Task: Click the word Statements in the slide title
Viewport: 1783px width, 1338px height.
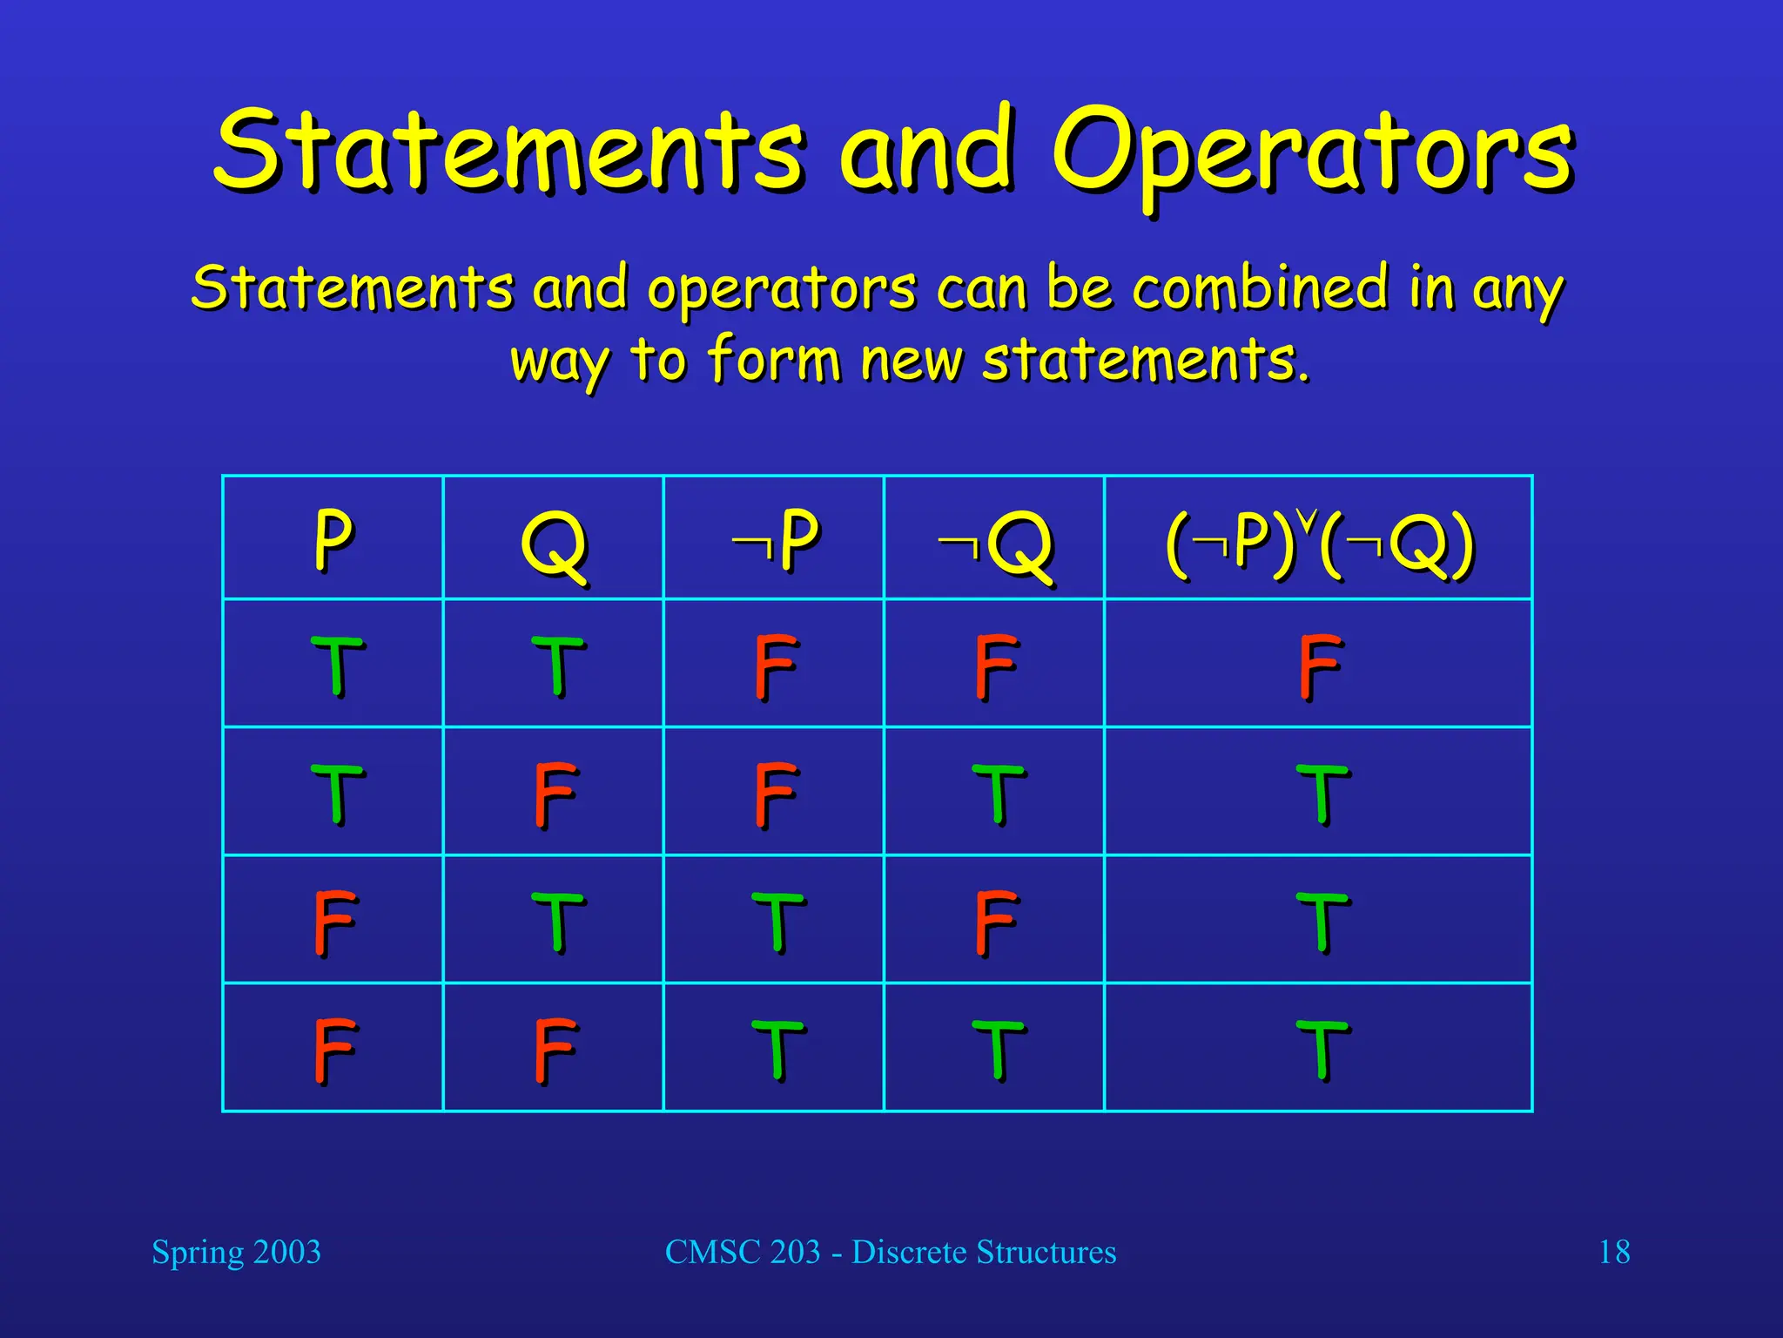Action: point(508,150)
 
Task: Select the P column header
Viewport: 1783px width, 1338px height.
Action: point(333,539)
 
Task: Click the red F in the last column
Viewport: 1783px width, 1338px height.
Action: point(1318,666)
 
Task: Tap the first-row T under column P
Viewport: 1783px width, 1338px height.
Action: point(336,666)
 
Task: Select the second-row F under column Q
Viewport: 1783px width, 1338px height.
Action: point(555,794)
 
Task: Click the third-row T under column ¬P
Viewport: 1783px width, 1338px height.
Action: point(777,922)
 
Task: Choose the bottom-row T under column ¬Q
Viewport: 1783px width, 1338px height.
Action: point(998,1050)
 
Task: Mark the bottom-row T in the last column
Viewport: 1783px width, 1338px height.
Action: point(1322,1050)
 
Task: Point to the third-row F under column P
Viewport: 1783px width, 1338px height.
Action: point(334,922)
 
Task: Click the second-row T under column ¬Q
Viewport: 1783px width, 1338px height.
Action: point(998,794)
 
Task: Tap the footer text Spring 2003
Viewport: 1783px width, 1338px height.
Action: point(236,1252)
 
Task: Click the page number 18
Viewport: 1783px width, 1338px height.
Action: point(1613,1252)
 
